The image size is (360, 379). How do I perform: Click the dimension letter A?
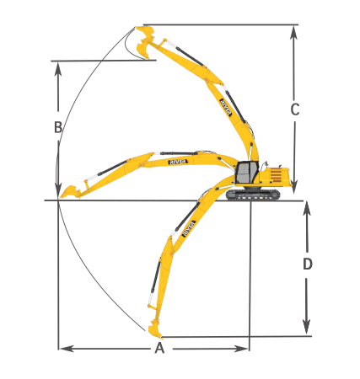[159, 349]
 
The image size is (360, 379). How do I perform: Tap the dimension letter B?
[57, 128]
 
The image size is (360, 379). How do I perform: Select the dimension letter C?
[294, 109]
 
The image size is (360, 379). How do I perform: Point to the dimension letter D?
[308, 264]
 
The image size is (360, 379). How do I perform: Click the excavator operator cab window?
[244, 173]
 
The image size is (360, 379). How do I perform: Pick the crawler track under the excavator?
[252, 195]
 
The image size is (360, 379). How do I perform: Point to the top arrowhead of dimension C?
[294, 32]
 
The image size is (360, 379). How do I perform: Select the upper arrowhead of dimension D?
[308, 209]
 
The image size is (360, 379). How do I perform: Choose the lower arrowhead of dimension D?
[308, 328]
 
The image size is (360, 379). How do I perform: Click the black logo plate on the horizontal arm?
[179, 159]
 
